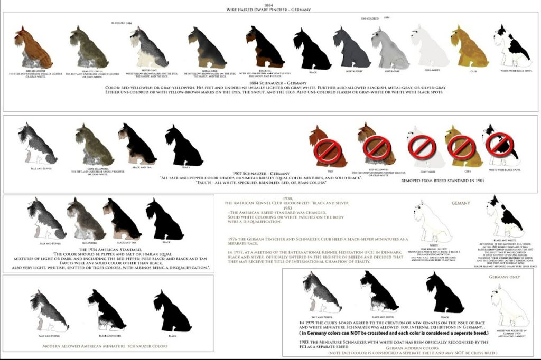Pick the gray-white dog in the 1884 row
[x=429, y=46]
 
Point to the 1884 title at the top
[x=269, y=4]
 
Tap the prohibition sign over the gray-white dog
[x=421, y=146]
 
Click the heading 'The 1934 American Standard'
[x=109, y=249]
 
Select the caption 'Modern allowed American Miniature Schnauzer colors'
[x=105, y=346]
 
